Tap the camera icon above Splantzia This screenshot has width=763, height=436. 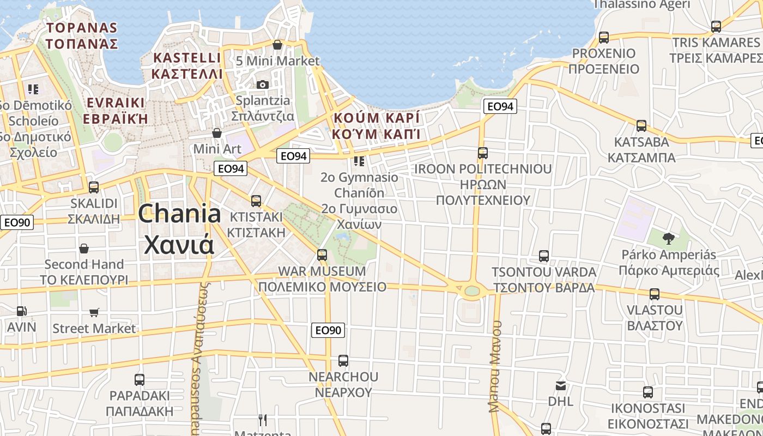click(x=263, y=84)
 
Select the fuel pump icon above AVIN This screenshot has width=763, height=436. click(x=21, y=311)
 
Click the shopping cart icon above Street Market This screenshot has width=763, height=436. click(x=94, y=313)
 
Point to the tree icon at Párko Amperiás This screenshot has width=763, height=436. click(x=668, y=238)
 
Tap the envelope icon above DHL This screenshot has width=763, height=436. click(x=561, y=386)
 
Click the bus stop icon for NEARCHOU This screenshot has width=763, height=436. click(x=343, y=360)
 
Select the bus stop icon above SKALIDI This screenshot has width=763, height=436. click(x=94, y=187)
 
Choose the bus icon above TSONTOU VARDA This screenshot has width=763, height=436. click(x=543, y=256)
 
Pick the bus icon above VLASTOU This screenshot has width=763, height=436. click(x=655, y=294)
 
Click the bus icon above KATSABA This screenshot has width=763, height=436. click(x=641, y=126)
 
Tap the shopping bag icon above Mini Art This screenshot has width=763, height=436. click(x=217, y=133)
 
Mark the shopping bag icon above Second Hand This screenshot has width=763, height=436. click(x=84, y=249)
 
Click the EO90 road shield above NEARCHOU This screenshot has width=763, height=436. click(x=328, y=330)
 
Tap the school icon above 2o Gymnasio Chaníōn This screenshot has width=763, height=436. click(x=359, y=161)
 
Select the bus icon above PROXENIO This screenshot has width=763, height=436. click(x=603, y=38)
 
